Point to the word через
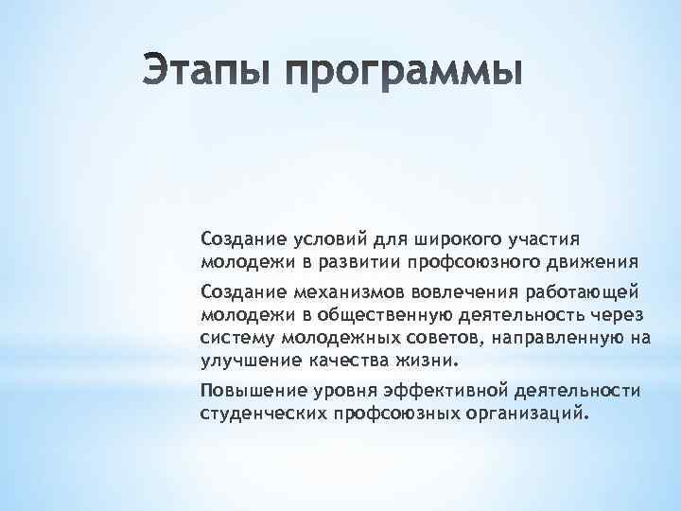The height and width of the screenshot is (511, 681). [620, 312]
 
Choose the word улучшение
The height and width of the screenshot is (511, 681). [247, 360]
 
